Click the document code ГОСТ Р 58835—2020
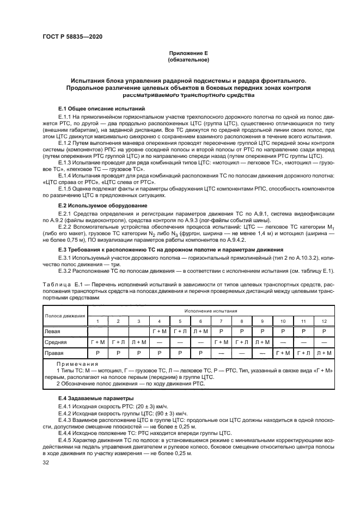click(72, 36)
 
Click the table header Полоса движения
click(65, 315)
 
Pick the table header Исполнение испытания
click(211, 310)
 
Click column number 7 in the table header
click(221, 321)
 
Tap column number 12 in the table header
click(324, 321)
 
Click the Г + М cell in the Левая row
click(160, 330)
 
